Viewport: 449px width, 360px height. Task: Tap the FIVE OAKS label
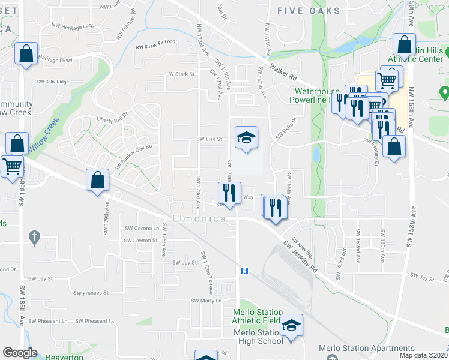pos(309,11)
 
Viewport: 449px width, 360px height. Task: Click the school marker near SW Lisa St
pos(246,139)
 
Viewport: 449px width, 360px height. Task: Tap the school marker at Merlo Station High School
pos(291,326)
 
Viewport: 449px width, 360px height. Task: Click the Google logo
pos(20,353)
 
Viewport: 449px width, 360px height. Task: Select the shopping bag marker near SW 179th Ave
pos(97,180)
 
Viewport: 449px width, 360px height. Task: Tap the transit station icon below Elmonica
pos(244,271)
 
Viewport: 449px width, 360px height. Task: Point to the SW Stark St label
pos(182,74)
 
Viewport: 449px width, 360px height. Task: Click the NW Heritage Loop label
pos(73,26)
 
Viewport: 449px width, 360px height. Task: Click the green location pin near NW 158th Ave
pos(444,93)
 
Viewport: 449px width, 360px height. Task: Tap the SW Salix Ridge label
pos(53,82)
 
